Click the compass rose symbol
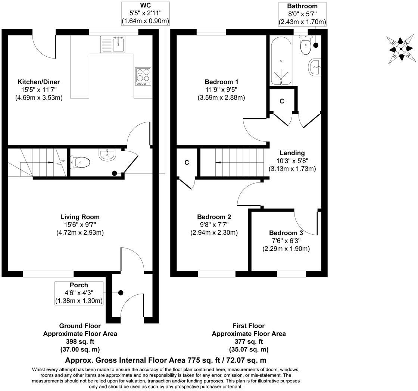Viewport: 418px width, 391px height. [401, 49]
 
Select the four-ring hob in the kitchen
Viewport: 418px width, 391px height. [143, 76]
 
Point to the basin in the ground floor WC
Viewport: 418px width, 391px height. [108, 154]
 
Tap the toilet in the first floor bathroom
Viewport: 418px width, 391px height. [306, 46]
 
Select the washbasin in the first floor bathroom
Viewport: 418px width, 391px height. [315, 68]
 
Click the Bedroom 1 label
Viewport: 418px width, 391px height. [221, 82]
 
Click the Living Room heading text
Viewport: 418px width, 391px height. [80, 217]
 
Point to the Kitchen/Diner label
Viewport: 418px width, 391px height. [38, 82]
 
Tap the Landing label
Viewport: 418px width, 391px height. [292, 153]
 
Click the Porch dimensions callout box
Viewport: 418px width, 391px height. [79, 293]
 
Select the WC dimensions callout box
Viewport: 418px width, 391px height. [146, 14]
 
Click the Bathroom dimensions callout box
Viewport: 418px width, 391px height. [302, 14]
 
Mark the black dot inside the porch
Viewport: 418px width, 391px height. [121, 293]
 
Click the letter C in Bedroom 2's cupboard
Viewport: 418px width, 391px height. [187, 163]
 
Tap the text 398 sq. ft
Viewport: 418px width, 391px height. [80, 341]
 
